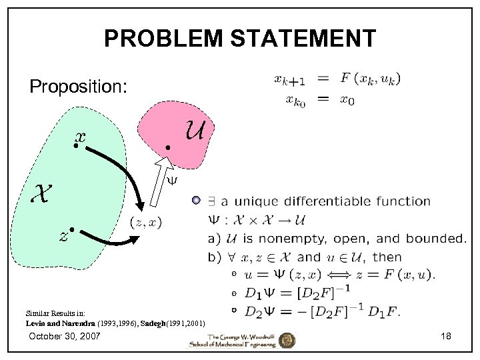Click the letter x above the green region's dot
coord(81,137)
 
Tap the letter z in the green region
coord(63,236)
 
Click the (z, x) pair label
coord(145,223)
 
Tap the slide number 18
coord(446,337)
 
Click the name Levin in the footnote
coord(36,322)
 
